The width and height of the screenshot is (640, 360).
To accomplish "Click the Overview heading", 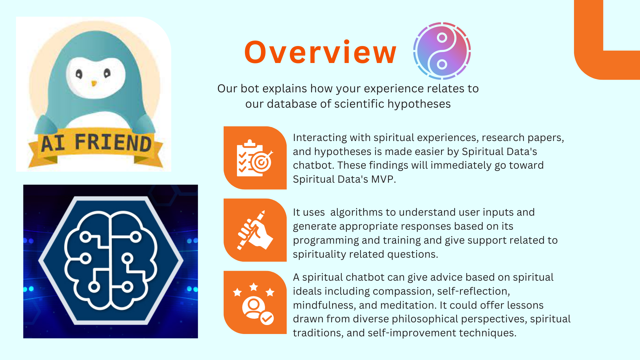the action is coord(320,52).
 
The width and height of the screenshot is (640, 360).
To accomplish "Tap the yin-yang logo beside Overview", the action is coord(442,51).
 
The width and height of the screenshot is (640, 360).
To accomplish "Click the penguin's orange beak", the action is coord(94,83).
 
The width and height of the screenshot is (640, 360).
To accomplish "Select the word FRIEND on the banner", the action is coord(113,142).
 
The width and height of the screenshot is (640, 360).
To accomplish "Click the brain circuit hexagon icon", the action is coord(111,260).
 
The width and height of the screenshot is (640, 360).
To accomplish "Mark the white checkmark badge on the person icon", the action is coord(267,318).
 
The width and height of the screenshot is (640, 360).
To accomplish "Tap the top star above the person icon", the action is coord(254,287).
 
